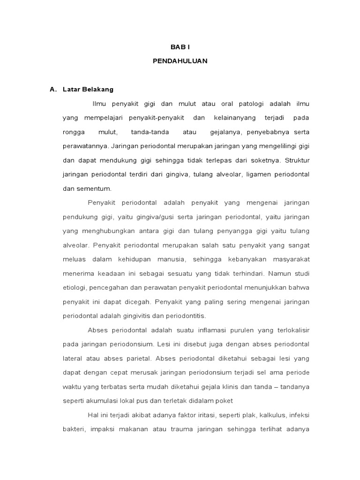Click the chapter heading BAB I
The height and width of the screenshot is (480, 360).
[x=180, y=47]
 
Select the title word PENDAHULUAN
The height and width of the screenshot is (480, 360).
[x=180, y=61]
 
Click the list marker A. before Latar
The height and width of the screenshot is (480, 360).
[x=53, y=89]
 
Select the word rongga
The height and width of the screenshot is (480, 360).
[x=74, y=132]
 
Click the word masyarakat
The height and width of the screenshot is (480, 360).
[x=288, y=260]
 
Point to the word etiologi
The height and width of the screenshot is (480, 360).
[x=74, y=288]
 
